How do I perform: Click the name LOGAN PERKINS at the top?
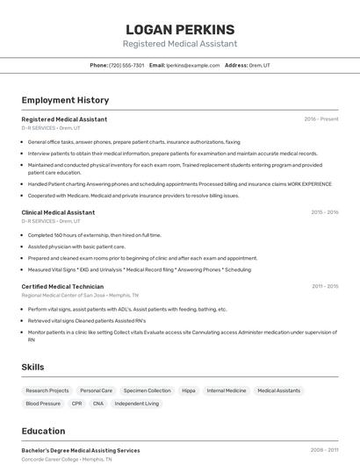pyautogui.click(x=180, y=29)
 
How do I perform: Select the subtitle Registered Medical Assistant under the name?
pyautogui.click(x=180, y=44)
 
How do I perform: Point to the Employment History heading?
pyautogui.click(x=65, y=100)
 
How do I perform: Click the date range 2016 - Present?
pyautogui.click(x=321, y=118)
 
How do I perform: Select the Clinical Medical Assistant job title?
pyautogui.click(x=58, y=212)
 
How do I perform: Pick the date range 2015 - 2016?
pyautogui.click(x=324, y=212)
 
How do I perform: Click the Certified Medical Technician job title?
pyautogui.click(x=62, y=286)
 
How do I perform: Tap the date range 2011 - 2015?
pyautogui.click(x=324, y=286)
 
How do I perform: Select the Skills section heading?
pyautogui.click(x=32, y=367)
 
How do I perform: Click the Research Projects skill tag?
pyautogui.click(x=47, y=390)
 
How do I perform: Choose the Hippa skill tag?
pyautogui.click(x=189, y=390)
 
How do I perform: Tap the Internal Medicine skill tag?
pyautogui.click(x=227, y=390)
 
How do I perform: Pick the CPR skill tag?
pyautogui.click(x=77, y=404)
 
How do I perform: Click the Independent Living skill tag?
pyautogui.click(x=137, y=404)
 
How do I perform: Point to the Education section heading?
pyautogui.click(x=43, y=431)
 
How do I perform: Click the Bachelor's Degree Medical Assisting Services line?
pyautogui.click(x=81, y=450)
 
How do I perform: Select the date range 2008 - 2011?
pyautogui.click(x=324, y=450)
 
